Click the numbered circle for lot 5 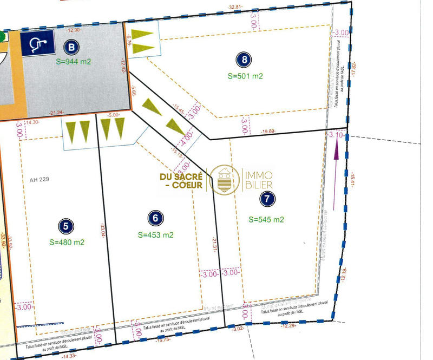(x=65, y=226)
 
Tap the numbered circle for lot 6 (x=155, y=218)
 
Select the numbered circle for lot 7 (x=266, y=199)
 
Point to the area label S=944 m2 (x=74, y=61)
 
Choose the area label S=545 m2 (x=266, y=219)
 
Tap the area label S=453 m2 (x=156, y=235)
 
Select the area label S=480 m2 (x=67, y=242)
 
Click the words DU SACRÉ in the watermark (x=181, y=176)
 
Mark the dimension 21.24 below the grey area (x=56, y=113)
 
